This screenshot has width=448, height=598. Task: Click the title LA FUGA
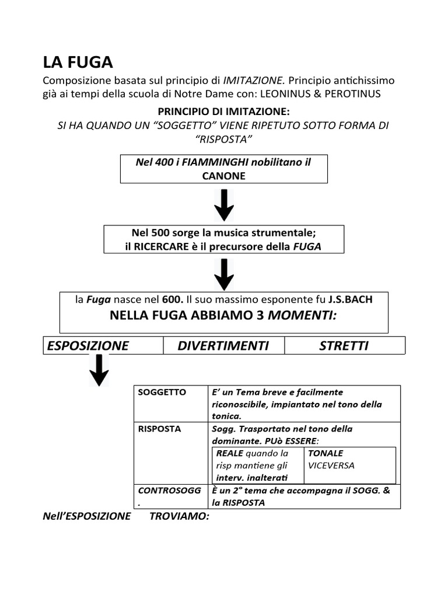point(79,62)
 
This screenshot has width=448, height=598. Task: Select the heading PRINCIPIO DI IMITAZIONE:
point(223,112)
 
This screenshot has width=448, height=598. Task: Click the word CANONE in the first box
point(223,175)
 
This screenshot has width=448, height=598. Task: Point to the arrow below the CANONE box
point(224,205)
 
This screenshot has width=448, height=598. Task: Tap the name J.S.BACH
point(350,300)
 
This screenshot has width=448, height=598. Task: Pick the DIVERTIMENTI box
point(223,346)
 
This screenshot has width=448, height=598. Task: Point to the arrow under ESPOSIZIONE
point(99,371)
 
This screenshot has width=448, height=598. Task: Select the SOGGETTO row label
point(162,392)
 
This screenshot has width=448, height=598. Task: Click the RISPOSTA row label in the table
point(160,429)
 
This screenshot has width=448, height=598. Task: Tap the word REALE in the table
point(230,453)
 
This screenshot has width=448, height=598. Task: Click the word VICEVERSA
point(331,465)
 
